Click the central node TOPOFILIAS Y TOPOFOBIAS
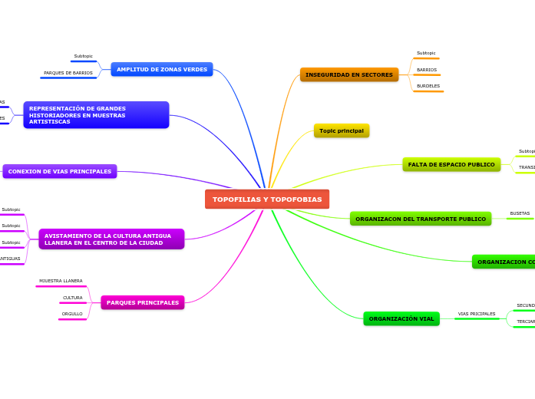point(267,199)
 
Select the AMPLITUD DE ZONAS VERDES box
point(162,69)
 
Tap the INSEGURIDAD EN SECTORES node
point(349,74)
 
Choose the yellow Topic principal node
point(342,130)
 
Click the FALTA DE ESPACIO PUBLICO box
point(451,164)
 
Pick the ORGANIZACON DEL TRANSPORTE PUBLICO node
point(421,219)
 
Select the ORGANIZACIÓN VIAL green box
point(401,318)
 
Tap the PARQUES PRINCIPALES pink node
point(143,302)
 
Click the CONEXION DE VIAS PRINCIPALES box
point(60,171)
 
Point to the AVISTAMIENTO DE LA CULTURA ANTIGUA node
point(111,239)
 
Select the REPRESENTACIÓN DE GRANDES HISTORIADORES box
point(96,115)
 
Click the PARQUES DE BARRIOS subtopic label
point(68,73)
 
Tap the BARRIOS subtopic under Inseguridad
point(427,70)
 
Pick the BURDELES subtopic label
point(428,86)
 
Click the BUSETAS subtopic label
point(520,213)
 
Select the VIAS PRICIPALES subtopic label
point(477,314)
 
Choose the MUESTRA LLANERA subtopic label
point(61,281)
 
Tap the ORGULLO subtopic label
point(72,314)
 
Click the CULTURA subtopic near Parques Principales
point(73,298)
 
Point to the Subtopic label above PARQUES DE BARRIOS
point(83,56)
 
